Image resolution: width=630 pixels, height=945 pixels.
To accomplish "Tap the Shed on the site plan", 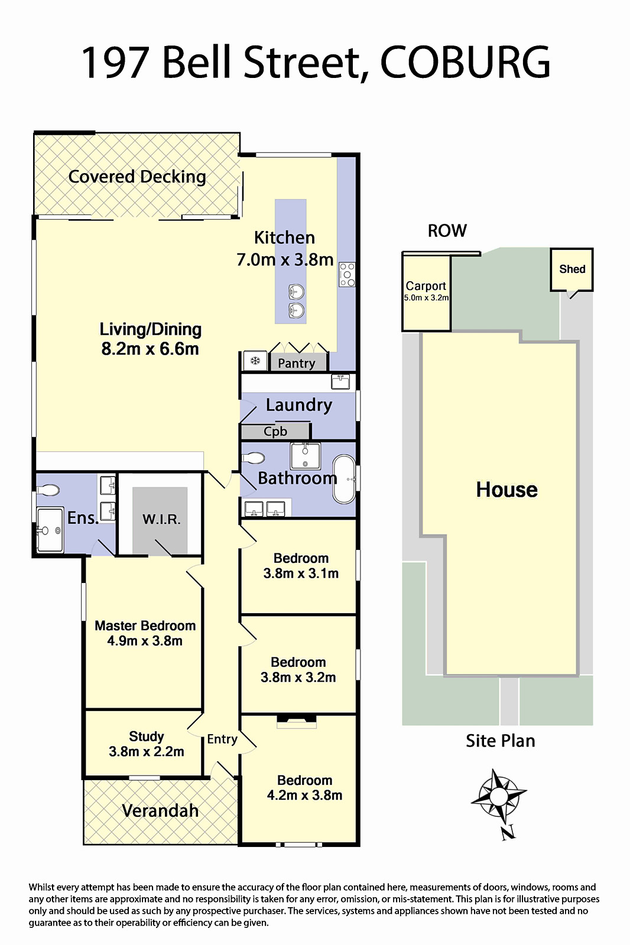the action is (x=571, y=269).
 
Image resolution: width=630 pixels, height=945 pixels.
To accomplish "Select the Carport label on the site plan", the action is (x=426, y=286).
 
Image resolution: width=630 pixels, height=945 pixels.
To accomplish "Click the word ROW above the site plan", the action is (x=447, y=231).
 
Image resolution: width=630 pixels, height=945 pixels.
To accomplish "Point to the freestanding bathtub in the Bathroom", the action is (x=344, y=479).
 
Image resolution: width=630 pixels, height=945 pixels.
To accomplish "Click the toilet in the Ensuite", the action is (x=48, y=490).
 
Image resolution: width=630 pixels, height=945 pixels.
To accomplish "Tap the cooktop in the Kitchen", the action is (x=347, y=275).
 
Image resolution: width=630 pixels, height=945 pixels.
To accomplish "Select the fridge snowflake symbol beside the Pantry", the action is (x=255, y=361).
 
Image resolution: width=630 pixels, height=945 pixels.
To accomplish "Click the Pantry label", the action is (x=297, y=363).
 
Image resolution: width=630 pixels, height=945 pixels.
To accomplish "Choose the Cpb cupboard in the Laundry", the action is (x=275, y=432).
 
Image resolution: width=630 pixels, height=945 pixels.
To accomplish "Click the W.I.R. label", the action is (x=161, y=519).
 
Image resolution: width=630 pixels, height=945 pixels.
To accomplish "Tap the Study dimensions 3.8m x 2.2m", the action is (x=147, y=751).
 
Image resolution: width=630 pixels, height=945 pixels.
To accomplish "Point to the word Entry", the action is (x=222, y=739).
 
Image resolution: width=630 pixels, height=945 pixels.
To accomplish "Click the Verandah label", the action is (x=160, y=810).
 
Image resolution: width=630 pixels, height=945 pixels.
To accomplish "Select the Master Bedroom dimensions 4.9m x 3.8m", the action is (x=145, y=641).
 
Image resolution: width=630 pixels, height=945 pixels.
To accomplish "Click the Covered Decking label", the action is (x=137, y=177).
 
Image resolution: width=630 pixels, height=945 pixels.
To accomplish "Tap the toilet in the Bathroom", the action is (x=254, y=458).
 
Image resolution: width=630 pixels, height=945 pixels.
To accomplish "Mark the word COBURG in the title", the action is (x=465, y=63).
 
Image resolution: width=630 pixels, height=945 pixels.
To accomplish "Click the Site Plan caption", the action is (x=501, y=741).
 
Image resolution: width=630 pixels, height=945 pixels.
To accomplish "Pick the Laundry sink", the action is (x=340, y=382).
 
